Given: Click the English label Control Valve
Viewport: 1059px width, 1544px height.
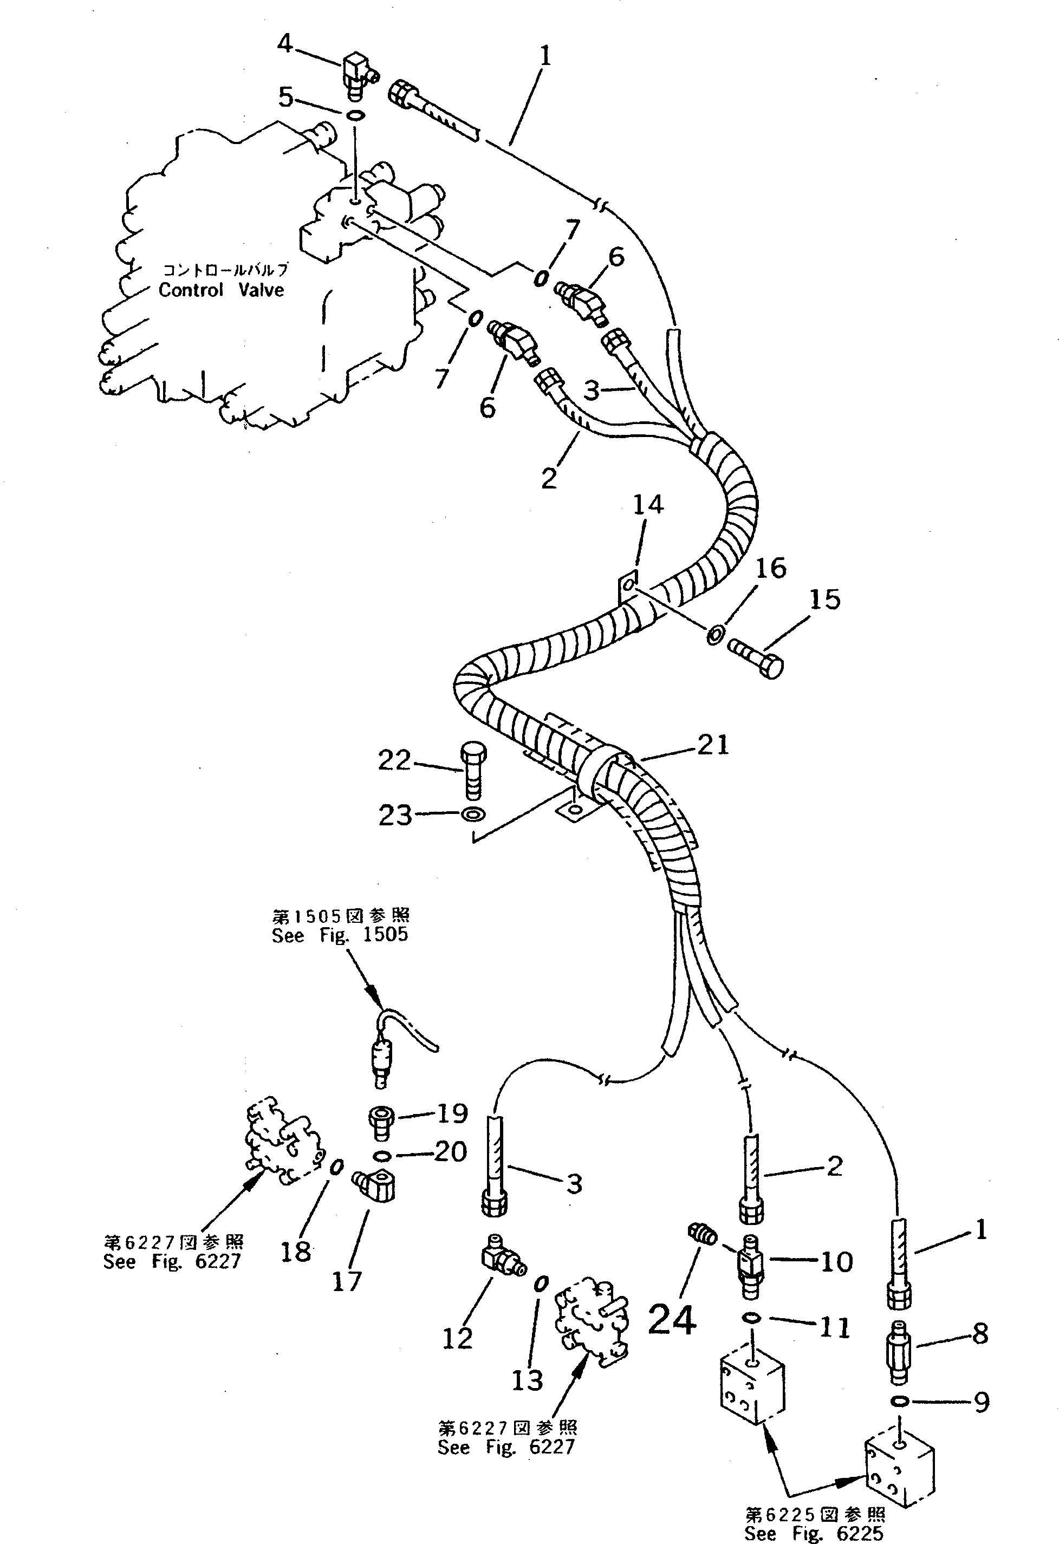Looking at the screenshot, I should [220, 290].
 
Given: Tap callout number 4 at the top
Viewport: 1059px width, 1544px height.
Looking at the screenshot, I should [284, 44].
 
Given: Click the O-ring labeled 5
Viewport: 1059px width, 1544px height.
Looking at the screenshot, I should [356, 116].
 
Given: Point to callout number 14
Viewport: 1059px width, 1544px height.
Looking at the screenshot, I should [647, 504].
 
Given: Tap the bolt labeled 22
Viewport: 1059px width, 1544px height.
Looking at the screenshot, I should [472, 771].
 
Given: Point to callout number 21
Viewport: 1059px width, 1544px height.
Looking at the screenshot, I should [713, 744].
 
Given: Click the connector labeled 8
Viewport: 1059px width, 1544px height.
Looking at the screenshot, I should [899, 1352].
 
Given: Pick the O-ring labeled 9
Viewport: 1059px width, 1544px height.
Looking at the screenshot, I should [900, 1401].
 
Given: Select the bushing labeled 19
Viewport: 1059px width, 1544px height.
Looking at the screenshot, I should [381, 1119].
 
